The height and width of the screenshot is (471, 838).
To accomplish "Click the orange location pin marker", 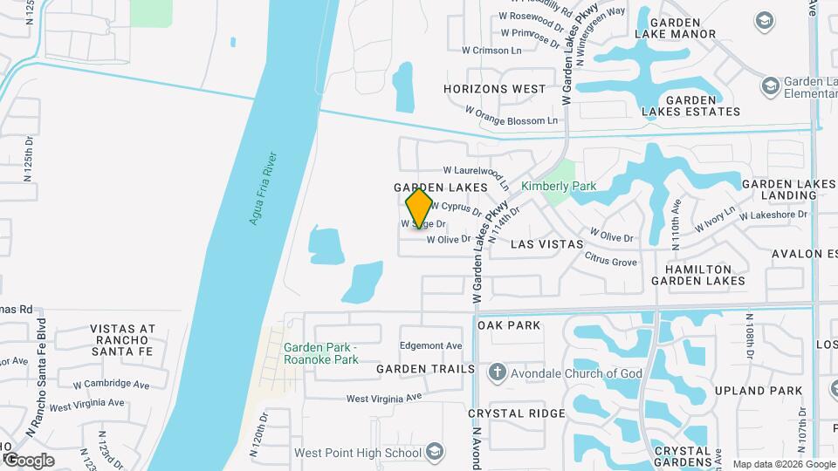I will point(420,208).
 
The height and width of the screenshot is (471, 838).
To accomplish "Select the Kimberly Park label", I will point(558,186).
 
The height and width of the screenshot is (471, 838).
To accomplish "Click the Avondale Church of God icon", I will point(498,373).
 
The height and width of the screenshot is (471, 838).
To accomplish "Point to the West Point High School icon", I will point(436,452).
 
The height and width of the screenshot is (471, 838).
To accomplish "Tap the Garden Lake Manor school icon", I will point(765,20).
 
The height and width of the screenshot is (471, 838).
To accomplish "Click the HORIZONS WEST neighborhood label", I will point(494,89).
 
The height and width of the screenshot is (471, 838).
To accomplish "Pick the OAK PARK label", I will point(509,324).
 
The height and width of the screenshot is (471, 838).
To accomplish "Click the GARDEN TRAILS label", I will point(426,369).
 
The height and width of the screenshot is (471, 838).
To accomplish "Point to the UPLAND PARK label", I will point(758,390).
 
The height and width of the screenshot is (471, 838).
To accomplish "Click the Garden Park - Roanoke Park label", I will point(321,353).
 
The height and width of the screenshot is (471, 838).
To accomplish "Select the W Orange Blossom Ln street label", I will point(511,115).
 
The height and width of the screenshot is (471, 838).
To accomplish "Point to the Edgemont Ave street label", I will point(430,345).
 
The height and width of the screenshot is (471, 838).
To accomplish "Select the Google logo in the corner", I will point(28,460).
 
